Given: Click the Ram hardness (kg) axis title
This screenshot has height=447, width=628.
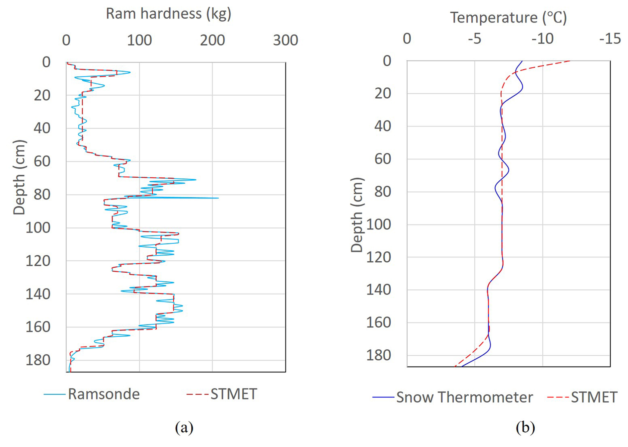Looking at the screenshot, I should click(x=168, y=14).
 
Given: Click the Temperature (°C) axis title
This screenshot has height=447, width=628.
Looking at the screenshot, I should click(x=508, y=17).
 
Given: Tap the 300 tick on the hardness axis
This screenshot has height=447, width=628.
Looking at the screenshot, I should click(x=285, y=40).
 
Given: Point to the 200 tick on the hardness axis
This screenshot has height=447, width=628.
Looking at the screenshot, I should click(x=212, y=40).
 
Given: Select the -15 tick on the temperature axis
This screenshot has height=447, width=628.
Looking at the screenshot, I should click(x=610, y=39).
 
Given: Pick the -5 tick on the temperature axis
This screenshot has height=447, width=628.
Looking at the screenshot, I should click(x=474, y=39).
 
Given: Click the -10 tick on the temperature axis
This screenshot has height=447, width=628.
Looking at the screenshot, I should click(x=542, y=39).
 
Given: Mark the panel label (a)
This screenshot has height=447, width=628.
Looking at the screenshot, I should click(x=184, y=427).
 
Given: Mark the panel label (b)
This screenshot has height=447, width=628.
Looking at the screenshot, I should click(x=525, y=427).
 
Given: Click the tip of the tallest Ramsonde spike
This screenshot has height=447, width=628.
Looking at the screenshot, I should click(x=218, y=198).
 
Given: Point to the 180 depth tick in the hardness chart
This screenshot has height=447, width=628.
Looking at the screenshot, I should click(x=38, y=360).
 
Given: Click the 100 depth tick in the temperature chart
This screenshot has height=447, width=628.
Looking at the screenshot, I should click(x=379, y=225).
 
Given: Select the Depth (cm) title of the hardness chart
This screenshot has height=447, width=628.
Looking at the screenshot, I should click(x=19, y=177).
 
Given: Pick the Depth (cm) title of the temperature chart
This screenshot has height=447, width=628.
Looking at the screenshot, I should click(x=357, y=215).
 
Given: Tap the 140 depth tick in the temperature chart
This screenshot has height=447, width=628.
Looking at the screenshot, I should click(x=379, y=290).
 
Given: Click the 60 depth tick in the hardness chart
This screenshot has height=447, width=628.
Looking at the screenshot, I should click(x=42, y=161).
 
